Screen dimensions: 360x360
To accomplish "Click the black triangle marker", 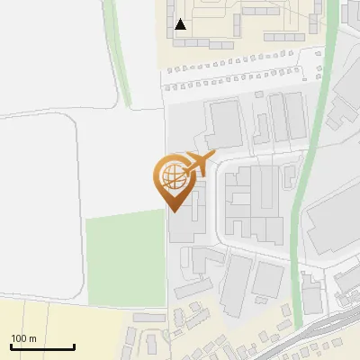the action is click(x=181, y=24).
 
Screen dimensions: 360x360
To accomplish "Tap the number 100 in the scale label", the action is click(x=19, y=338).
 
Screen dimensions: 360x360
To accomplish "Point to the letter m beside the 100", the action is click(x=31, y=338).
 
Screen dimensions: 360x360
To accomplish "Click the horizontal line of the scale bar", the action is click(x=42, y=347).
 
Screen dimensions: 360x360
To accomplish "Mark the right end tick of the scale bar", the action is click(x=74, y=346).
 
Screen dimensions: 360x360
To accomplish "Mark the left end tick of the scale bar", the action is click(x=11, y=346).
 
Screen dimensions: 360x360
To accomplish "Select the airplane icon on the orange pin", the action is click(x=196, y=164).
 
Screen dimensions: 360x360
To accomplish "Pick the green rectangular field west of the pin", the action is click(x=126, y=257).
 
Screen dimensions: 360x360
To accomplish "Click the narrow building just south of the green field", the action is click(x=149, y=318).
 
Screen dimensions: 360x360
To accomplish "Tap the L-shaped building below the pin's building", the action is click(x=207, y=261).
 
